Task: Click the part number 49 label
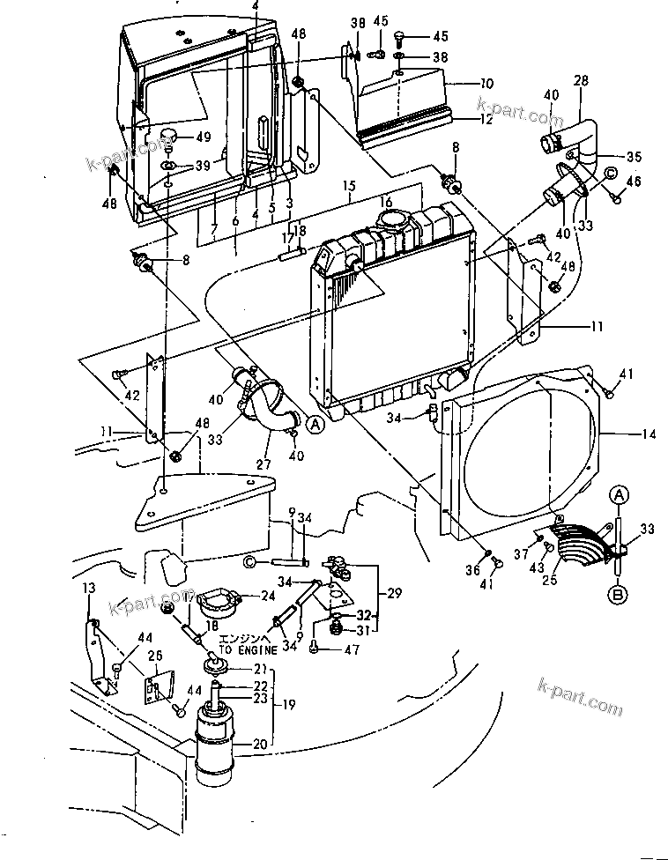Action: coord(204,137)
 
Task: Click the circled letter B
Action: coord(620,596)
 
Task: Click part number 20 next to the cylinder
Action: coord(260,745)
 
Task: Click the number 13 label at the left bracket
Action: coord(87,588)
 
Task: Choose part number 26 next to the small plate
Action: coord(155,655)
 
